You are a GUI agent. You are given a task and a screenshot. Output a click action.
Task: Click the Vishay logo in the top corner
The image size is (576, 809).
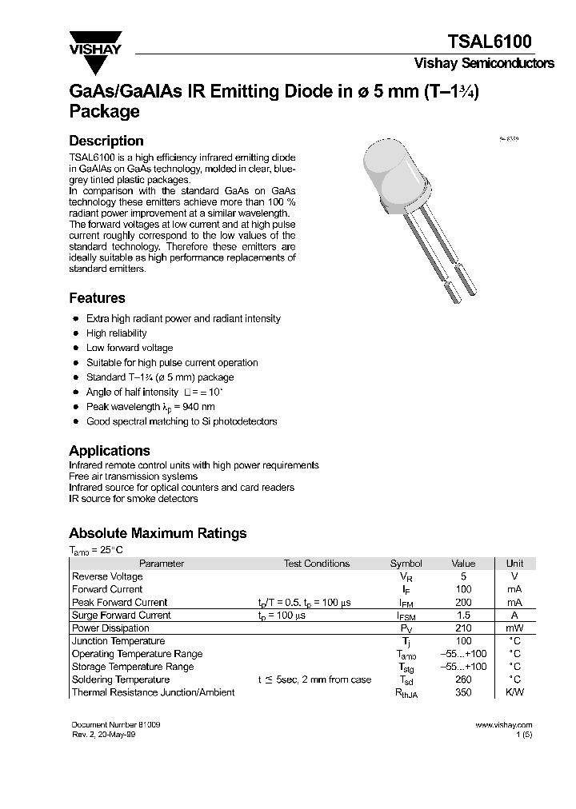point(94,43)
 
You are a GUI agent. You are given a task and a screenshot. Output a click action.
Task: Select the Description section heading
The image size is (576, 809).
point(106,141)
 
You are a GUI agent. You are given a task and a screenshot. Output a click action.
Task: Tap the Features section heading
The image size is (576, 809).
point(97,298)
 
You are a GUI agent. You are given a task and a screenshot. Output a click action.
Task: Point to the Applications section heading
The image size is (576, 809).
point(110,451)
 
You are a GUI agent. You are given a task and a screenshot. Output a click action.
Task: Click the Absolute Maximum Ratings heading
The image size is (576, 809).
point(158,533)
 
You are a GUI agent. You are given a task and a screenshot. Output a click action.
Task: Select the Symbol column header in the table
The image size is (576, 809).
point(406,564)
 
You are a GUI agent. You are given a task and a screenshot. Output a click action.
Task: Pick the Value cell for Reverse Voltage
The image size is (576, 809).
point(463,576)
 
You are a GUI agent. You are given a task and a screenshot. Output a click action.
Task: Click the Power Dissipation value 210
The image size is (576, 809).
point(463,628)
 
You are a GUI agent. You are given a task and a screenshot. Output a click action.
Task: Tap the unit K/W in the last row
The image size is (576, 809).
point(514,692)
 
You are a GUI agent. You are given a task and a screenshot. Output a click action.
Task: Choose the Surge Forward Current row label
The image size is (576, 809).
point(121,616)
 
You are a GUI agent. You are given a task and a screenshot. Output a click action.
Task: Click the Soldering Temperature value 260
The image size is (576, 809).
point(463,679)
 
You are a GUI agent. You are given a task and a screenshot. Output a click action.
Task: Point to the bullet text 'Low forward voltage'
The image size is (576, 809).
point(130,348)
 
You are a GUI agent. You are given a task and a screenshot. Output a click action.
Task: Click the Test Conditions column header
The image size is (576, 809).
point(317,564)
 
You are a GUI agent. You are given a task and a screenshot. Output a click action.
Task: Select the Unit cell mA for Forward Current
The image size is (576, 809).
point(514,589)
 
